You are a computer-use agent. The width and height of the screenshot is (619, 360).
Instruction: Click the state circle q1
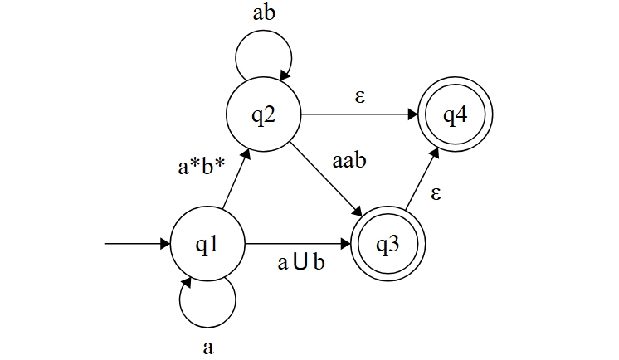pyautogui.click(x=208, y=245)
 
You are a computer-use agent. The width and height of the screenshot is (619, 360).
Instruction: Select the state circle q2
pyautogui.click(x=264, y=115)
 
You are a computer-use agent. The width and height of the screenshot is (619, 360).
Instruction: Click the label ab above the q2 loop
pyautogui.click(x=264, y=15)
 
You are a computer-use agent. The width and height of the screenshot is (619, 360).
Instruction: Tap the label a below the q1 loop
pyautogui.click(x=208, y=347)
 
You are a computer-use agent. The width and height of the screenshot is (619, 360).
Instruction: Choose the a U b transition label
pyautogui.click(x=300, y=264)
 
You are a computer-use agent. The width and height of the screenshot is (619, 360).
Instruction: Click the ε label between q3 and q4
pyautogui.click(x=436, y=196)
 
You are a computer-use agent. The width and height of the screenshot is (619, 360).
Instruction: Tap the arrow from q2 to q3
pyautogui.click(x=325, y=181)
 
